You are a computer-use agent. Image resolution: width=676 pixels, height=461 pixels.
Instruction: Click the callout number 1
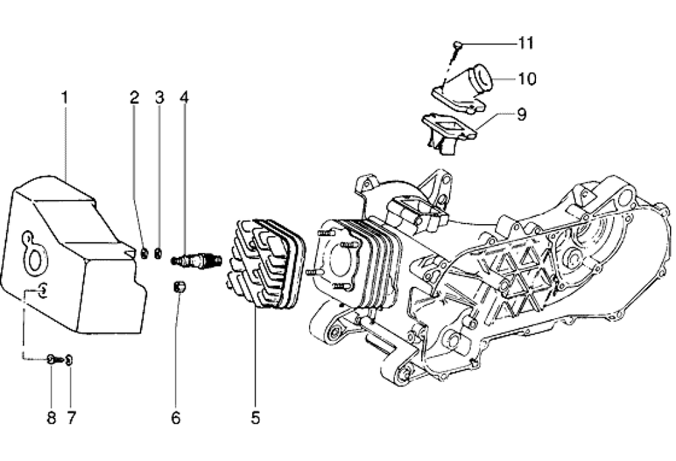click(65, 98)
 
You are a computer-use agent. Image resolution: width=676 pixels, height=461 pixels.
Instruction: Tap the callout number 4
click(184, 98)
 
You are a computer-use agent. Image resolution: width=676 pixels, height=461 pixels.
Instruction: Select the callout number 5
click(256, 417)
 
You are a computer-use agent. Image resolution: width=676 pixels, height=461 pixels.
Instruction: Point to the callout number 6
click(176, 417)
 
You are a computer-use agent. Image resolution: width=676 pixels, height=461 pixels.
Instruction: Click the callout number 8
click(51, 417)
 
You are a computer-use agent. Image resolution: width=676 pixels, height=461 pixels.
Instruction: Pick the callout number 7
click(71, 417)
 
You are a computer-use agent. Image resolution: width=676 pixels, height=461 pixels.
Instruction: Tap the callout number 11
click(526, 43)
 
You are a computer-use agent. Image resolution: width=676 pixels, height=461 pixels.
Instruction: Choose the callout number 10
click(527, 79)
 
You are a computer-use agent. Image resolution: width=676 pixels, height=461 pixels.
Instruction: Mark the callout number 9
click(521, 114)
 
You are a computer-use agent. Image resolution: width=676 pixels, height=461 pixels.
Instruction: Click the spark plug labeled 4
click(197, 261)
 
